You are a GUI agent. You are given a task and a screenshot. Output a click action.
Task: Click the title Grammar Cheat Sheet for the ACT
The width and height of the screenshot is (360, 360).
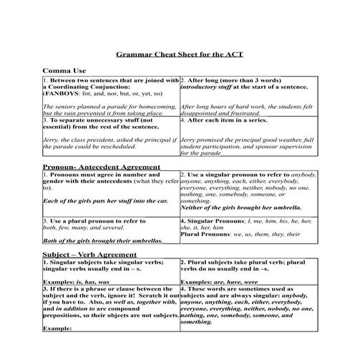coord(179,54)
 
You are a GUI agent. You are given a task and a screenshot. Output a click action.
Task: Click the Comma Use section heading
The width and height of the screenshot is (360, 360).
coord(64,72)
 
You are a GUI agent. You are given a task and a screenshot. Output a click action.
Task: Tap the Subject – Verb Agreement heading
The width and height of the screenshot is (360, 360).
coord(88,255)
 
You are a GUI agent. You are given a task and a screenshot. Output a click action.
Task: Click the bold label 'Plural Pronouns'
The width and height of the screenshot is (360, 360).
coord(205,234)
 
